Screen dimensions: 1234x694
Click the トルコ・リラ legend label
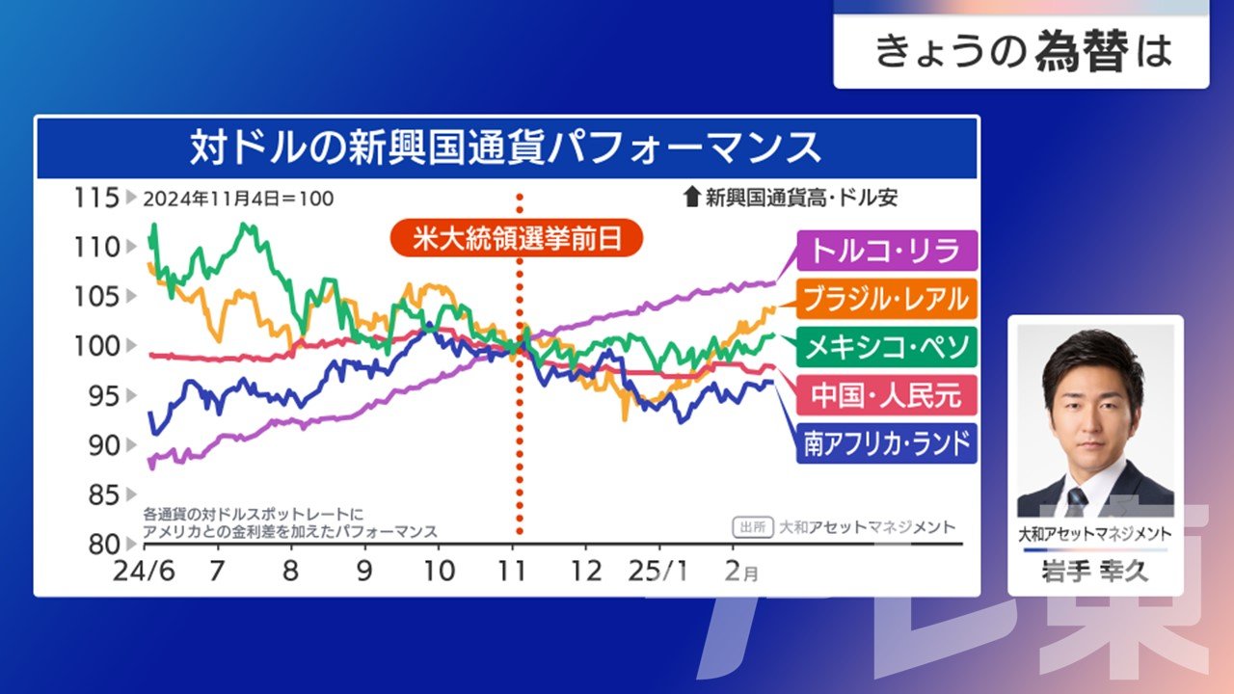pyautogui.click(x=886, y=251)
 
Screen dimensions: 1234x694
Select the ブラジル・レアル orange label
pyautogui.click(x=886, y=299)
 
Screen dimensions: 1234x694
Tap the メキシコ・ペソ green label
pyautogui.click(x=886, y=347)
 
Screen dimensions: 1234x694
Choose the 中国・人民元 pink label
pyautogui.click(x=886, y=395)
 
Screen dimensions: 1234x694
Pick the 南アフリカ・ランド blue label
pyautogui.click(x=886, y=443)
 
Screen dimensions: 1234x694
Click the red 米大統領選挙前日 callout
pyautogui.click(x=517, y=238)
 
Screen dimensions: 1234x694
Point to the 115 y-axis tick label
pyautogui.click(x=96, y=198)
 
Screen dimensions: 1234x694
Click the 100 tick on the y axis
pyautogui.click(x=96, y=346)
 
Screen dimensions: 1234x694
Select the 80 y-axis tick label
pyautogui.click(x=103, y=545)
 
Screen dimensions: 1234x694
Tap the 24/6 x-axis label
pyautogui.click(x=144, y=572)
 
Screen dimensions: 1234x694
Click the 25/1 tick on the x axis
pyautogui.click(x=657, y=572)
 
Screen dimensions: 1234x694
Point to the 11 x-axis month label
pyautogui.click(x=512, y=572)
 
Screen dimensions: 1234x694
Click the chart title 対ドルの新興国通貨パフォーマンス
pyautogui.click(x=506, y=147)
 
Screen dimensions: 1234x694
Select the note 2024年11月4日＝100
pyautogui.click(x=238, y=199)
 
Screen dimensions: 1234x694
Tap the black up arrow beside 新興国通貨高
pyautogui.click(x=691, y=197)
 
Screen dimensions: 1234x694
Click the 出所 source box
pyautogui.click(x=753, y=527)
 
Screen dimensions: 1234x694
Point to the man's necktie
pyautogui.click(x=1077, y=502)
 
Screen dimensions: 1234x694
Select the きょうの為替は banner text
pyautogui.click(x=1023, y=51)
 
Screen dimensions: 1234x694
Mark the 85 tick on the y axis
pyautogui.click(x=103, y=494)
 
